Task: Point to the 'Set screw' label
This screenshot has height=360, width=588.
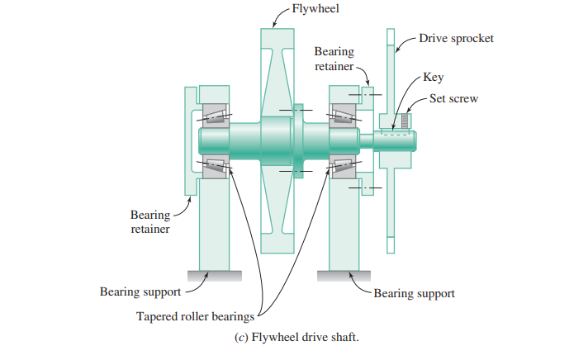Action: (454, 98)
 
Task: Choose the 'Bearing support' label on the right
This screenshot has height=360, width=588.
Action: (414, 292)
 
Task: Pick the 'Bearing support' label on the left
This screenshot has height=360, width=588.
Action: (140, 291)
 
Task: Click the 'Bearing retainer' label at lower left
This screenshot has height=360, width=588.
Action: (149, 222)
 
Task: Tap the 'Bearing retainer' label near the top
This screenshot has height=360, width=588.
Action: (334, 59)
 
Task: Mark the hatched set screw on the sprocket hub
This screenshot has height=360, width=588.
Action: (405, 121)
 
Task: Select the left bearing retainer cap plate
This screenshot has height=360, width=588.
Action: (189, 140)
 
